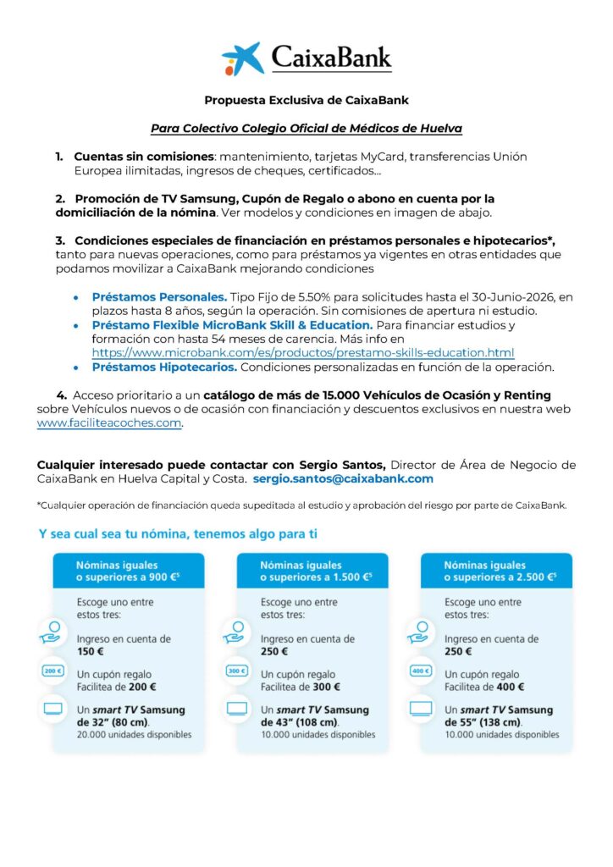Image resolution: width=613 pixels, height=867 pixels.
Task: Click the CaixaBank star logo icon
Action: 242,58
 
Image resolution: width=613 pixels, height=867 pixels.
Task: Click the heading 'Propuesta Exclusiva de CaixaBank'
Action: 306,100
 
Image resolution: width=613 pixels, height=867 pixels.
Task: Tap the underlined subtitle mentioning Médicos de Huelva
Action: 306,129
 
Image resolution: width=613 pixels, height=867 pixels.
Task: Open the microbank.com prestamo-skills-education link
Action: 303,352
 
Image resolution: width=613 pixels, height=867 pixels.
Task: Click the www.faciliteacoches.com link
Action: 109,423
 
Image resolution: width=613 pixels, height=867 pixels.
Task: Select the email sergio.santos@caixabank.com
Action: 343,478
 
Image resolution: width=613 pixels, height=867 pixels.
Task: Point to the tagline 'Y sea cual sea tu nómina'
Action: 178,534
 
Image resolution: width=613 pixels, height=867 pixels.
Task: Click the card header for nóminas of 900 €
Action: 128,571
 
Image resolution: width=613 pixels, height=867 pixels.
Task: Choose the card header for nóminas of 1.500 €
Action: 312,571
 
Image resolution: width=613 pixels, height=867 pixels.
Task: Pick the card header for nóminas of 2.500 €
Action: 496,571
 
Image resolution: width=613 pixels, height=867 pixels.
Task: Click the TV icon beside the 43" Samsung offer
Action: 237,709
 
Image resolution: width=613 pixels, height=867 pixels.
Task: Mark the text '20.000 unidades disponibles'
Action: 134,734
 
